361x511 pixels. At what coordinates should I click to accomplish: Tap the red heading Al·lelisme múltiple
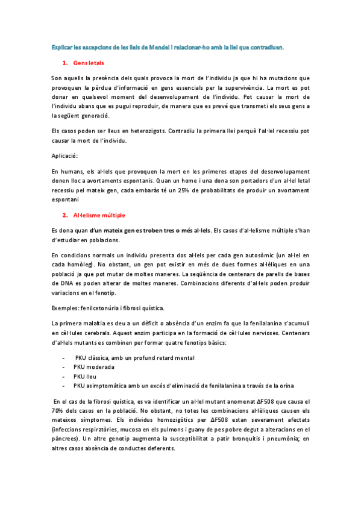pyautogui.click(x=99, y=215)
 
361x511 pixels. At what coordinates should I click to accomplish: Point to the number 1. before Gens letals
pyautogui.click(x=64, y=63)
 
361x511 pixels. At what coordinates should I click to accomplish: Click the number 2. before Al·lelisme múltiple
pyautogui.click(x=64, y=215)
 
